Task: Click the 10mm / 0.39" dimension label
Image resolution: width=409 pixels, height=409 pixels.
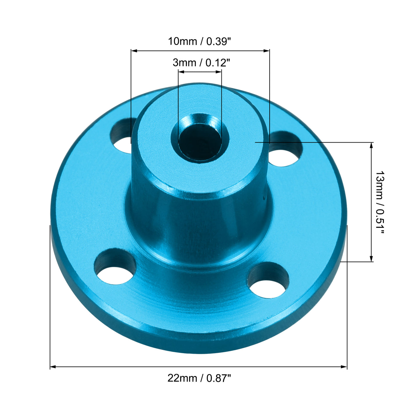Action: (x=199, y=41)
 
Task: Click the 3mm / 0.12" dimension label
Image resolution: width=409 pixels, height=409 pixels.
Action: (x=201, y=63)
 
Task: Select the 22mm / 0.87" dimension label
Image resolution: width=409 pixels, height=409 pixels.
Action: (x=199, y=378)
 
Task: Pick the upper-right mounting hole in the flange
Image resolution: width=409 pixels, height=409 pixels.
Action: (x=285, y=150)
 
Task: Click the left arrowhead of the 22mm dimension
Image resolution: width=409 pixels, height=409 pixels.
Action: (x=53, y=367)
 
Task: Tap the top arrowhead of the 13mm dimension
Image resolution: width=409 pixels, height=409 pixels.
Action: (x=371, y=145)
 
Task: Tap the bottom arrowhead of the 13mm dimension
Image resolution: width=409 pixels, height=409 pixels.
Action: (x=371, y=259)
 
